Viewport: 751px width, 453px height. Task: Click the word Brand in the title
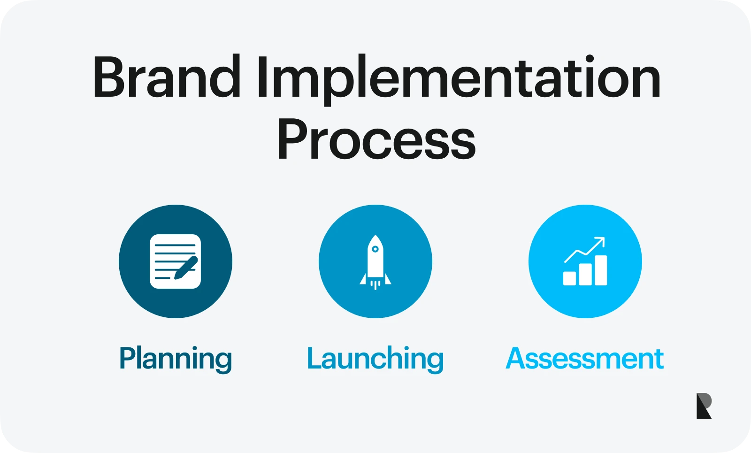click(x=166, y=77)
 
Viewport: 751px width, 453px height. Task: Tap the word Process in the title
click(x=376, y=139)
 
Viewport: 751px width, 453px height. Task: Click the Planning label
click(x=176, y=359)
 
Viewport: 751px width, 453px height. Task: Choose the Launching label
click(x=375, y=359)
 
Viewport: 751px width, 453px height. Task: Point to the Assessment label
click(x=584, y=359)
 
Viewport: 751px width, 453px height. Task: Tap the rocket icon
click(x=375, y=261)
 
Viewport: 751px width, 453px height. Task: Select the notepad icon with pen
click(x=175, y=261)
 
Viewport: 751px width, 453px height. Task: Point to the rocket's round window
click(x=375, y=249)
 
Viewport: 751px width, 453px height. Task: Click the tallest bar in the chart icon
click(x=601, y=270)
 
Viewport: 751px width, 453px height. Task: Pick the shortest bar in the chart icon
click(x=569, y=278)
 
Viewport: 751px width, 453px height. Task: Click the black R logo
click(x=704, y=406)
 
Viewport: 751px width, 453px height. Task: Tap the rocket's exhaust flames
click(x=375, y=284)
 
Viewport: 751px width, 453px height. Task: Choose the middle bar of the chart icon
click(x=585, y=274)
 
